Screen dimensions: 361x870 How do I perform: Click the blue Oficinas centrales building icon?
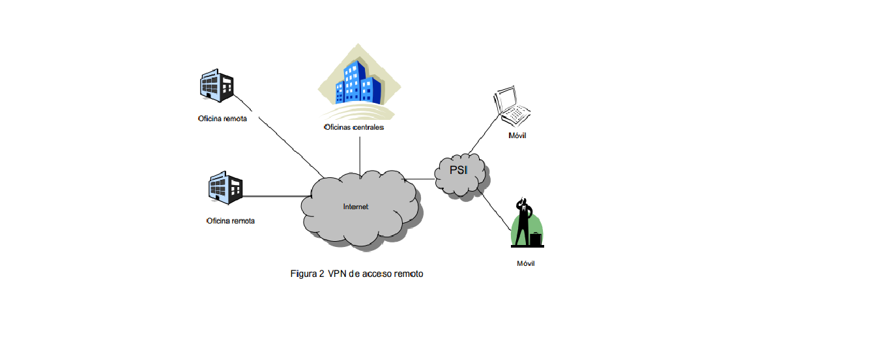pyautogui.click(x=356, y=83)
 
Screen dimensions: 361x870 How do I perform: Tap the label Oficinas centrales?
pyautogui.click(x=354, y=128)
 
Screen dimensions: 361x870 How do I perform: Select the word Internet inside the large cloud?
pyautogui.click(x=356, y=207)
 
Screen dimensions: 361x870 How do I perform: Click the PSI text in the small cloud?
pyautogui.click(x=459, y=171)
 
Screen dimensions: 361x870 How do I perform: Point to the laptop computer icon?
pyautogui.click(x=513, y=106)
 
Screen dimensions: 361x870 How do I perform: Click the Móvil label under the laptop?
pyautogui.click(x=517, y=136)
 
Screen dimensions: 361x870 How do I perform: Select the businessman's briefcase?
pyautogui.click(x=536, y=240)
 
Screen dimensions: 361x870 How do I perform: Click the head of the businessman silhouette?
pyautogui.click(x=521, y=203)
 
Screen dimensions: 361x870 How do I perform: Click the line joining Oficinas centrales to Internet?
pyautogui.click(x=360, y=154)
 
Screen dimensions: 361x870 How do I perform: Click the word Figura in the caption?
pyautogui.click(x=303, y=274)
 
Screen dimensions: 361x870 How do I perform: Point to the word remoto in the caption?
pyautogui.click(x=409, y=274)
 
